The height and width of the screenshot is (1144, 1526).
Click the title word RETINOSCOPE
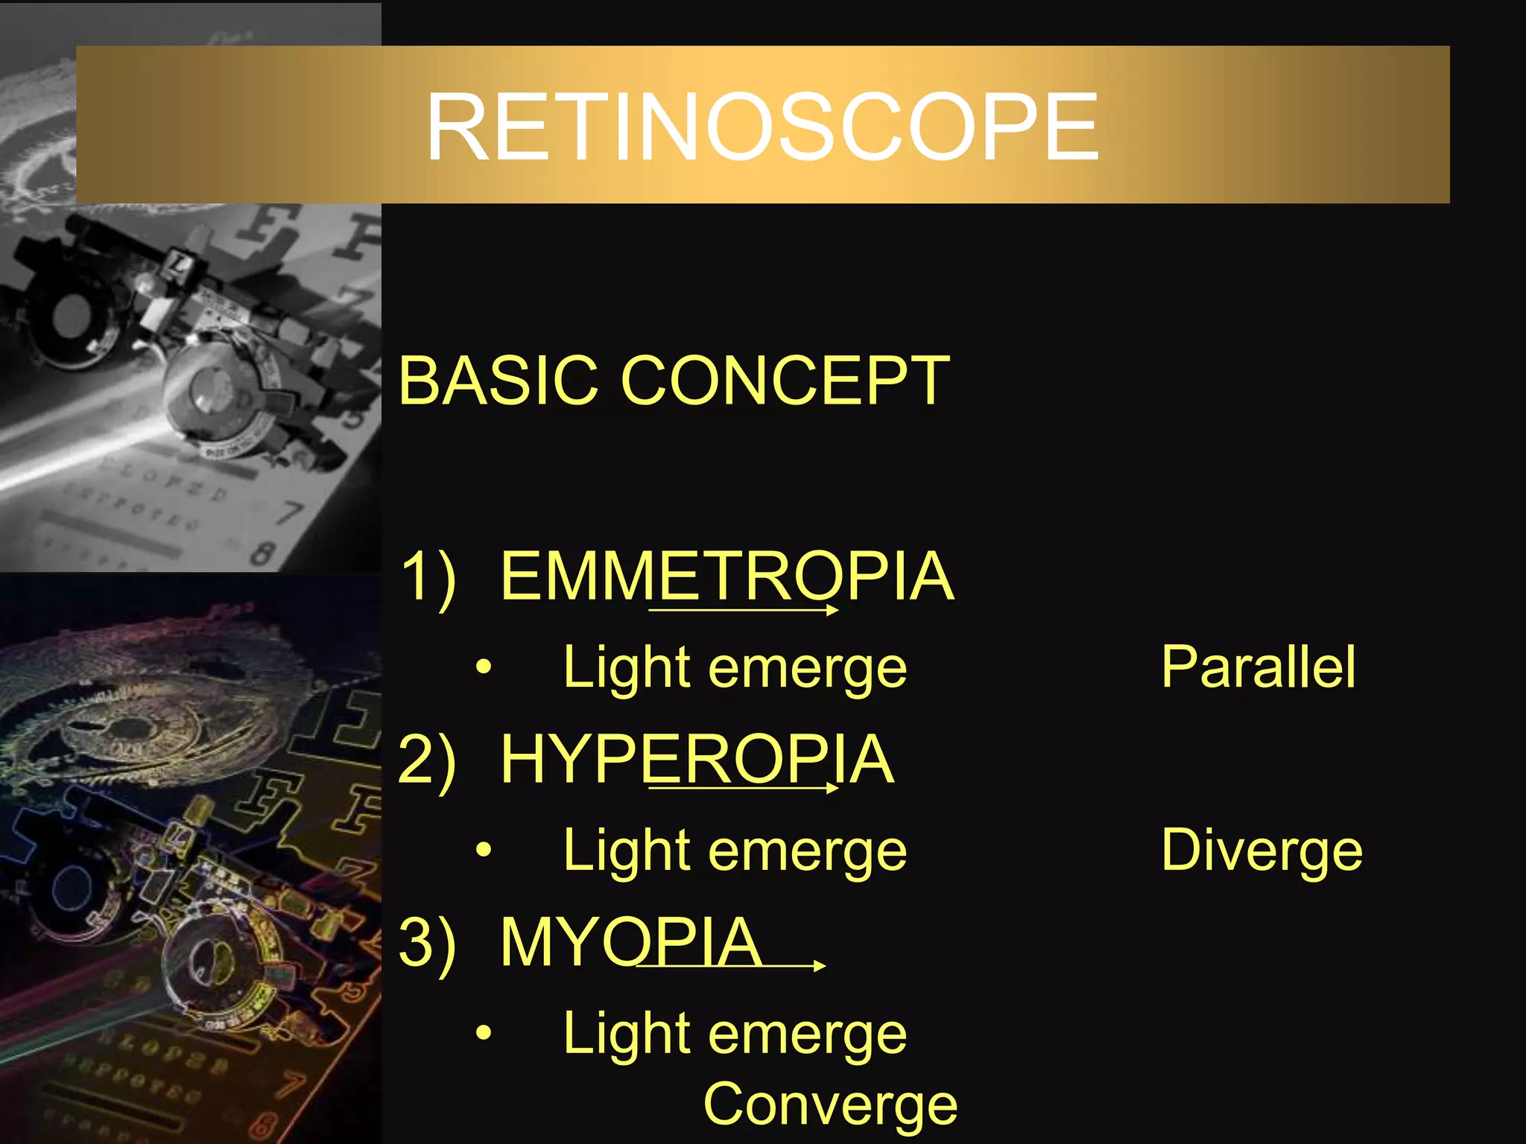[762, 127]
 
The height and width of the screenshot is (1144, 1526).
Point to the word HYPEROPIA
[697, 759]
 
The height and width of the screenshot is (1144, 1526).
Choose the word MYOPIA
[630, 942]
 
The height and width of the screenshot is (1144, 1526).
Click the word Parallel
[1258, 667]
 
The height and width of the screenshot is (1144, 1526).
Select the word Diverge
[1261, 850]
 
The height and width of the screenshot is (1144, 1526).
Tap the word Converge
[830, 1105]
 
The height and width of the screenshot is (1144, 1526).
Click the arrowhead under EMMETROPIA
[832, 610]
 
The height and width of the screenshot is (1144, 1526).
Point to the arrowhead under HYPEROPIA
[832, 787]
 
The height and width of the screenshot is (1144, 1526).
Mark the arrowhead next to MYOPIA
[819, 965]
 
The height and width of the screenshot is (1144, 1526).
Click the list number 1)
[427, 577]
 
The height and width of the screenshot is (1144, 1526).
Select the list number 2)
[427, 760]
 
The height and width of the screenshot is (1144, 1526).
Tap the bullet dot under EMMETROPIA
[484, 667]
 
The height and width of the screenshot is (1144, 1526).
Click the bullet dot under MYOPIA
[484, 1034]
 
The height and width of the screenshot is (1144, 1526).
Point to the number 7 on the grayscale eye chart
[289, 512]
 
